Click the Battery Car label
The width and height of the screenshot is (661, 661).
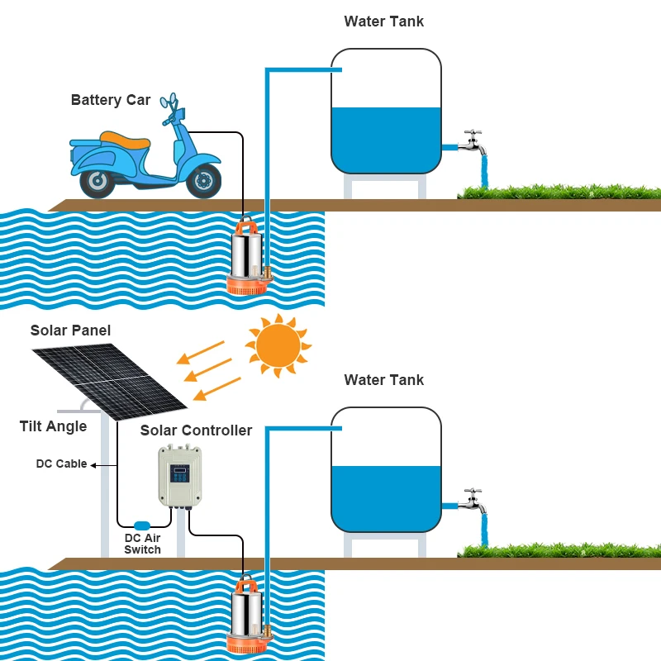point(111,101)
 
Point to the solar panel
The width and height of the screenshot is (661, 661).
point(112,373)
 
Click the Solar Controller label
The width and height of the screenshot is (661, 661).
point(196,430)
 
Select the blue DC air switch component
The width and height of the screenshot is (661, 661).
point(142,525)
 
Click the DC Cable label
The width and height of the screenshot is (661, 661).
point(61,464)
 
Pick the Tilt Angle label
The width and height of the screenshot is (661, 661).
point(53,427)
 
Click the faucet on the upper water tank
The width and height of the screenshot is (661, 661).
point(472,140)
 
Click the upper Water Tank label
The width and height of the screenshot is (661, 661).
point(383,21)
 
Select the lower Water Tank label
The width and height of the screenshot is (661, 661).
point(383,381)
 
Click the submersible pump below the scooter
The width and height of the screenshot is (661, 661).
point(248,256)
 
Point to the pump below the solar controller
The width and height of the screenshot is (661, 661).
point(248,616)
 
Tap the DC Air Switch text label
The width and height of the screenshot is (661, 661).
point(142,544)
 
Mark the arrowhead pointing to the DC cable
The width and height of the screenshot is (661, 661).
point(93,465)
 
